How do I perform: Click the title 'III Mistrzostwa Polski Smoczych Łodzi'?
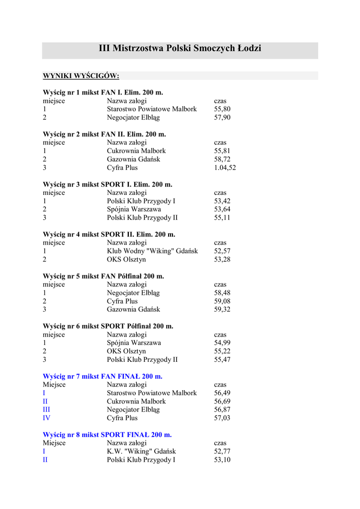point(180,49)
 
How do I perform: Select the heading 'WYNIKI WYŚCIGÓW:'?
point(81,76)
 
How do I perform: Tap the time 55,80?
point(222,109)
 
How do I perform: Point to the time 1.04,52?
point(225,168)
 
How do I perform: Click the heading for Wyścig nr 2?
point(104,134)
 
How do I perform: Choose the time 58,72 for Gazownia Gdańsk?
point(222,160)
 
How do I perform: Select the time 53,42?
point(222,201)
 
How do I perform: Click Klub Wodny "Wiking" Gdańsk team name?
point(152,252)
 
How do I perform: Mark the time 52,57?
point(222,252)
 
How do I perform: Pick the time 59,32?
point(222,310)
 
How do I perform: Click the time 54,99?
point(222,343)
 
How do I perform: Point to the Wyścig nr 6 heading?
point(108,327)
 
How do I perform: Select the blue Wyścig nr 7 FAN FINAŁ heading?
point(102,376)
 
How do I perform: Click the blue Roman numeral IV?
point(47,418)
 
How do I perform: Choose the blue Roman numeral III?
point(47,410)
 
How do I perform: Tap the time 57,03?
point(222,418)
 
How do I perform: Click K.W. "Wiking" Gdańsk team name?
point(141,451)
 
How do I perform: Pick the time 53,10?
point(222,460)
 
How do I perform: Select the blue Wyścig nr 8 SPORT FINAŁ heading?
point(107,435)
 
